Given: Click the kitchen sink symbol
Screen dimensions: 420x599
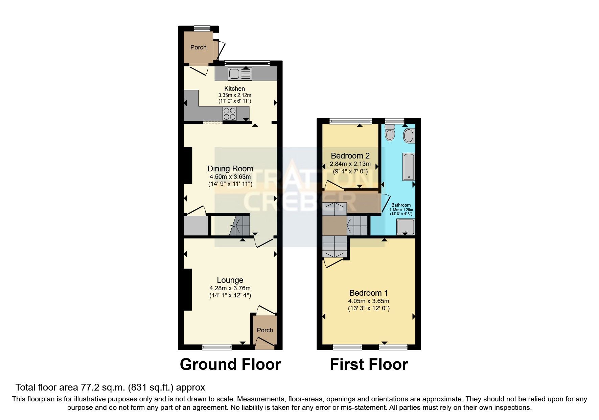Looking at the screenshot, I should [x=240, y=73].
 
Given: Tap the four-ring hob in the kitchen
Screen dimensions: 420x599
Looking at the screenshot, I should [x=229, y=113].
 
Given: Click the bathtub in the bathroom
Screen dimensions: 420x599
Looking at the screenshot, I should [x=409, y=166].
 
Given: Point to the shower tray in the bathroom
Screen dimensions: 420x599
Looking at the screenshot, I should [x=406, y=227].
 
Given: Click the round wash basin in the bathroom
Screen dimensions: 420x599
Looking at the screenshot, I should [x=409, y=136].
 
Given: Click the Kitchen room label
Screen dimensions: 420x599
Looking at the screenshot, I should [x=234, y=89].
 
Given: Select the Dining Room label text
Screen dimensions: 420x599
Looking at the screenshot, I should [x=230, y=169].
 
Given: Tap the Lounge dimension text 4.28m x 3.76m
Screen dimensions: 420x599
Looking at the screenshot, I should [x=230, y=288].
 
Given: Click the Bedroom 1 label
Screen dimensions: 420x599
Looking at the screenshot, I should [x=368, y=293].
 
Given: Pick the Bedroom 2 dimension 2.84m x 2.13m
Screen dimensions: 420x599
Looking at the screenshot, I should [x=350, y=164].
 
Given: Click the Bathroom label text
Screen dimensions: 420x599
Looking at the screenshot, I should [x=401, y=205].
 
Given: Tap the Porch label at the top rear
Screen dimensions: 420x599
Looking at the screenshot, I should [x=198, y=47].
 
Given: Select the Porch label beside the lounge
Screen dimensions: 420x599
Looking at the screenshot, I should [x=264, y=330].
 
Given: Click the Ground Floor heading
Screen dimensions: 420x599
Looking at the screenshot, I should [x=230, y=364].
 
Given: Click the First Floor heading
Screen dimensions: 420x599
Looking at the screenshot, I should [x=369, y=364].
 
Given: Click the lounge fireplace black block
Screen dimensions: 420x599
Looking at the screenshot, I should [x=187, y=289].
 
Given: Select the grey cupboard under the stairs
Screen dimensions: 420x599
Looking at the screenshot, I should [x=196, y=226].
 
